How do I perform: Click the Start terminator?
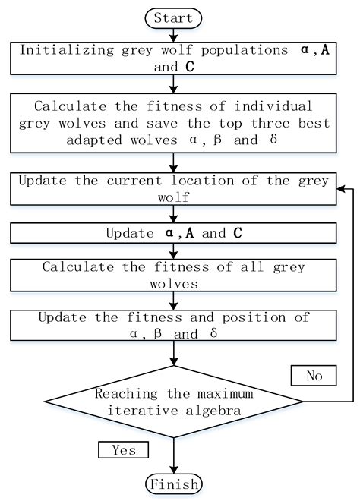(174, 17)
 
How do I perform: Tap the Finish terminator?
(174, 484)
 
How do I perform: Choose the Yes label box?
(123, 449)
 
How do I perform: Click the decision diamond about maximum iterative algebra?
(174, 401)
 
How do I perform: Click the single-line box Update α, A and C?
(174, 233)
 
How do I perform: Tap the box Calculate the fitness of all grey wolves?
(174, 275)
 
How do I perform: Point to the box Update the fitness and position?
(174, 323)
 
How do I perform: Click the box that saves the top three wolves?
(174, 123)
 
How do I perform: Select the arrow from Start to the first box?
(174, 34)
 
